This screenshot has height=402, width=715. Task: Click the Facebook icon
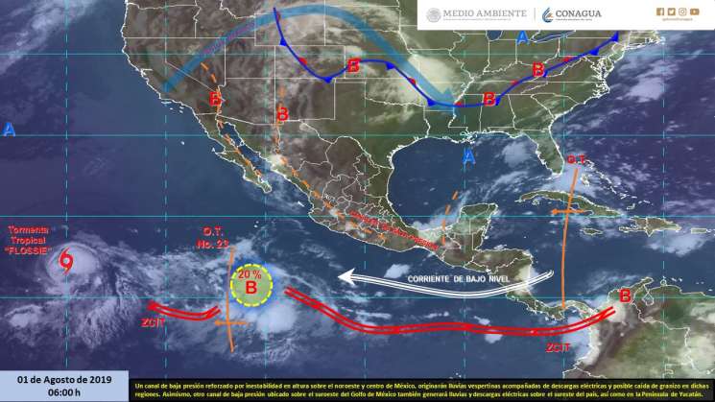[659, 12]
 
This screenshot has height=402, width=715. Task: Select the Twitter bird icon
[671, 12]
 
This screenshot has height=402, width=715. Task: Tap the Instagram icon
[682, 12]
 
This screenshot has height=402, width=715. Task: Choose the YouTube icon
[695, 12]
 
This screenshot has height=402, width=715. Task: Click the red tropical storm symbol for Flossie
[66, 259]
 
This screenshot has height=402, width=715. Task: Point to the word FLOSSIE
[36, 251]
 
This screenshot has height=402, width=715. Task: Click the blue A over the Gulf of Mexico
[468, 155]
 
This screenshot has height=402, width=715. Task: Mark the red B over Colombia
[625, 296]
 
